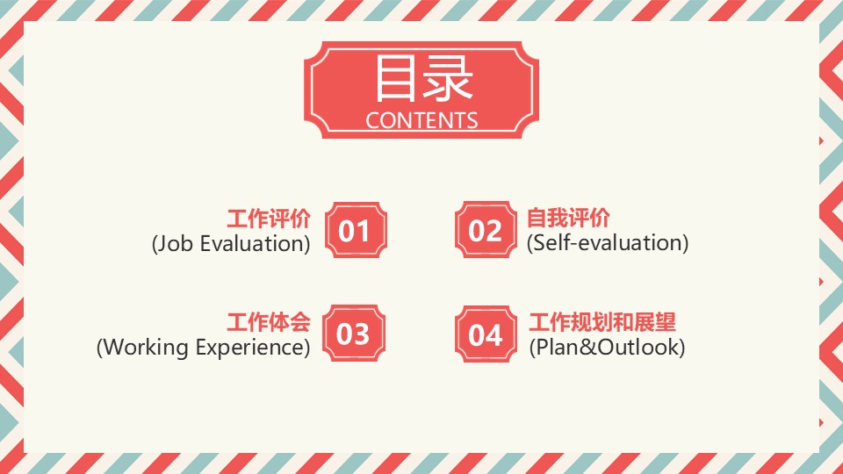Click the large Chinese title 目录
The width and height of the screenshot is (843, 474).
tap(423, 78)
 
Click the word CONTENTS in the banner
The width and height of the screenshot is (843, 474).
tap(421, 120)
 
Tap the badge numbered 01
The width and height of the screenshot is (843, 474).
tap(356, 230)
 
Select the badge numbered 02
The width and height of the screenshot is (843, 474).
tap(486, 229)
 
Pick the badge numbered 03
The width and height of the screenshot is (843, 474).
tap(354, 334)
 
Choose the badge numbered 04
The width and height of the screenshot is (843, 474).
tap(486, 334)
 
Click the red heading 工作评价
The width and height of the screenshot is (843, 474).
tap(269, 219)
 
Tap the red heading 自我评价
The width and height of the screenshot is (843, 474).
tap(568, 219)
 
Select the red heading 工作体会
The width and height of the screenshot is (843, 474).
tap(269, 322)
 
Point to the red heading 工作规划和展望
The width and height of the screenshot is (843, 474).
tap(602, 322)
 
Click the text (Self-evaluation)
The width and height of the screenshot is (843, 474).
tap(608, 243)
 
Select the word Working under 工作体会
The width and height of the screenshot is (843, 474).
tap(145, 348)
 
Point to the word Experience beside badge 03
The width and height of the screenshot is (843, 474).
tap(250, 348)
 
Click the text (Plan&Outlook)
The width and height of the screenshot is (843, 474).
tap(607, 348)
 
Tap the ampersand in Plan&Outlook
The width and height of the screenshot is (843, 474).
tap(588, 348)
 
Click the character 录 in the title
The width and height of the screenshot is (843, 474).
tap(449, 78)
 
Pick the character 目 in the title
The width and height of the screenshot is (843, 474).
tap(395, 78)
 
